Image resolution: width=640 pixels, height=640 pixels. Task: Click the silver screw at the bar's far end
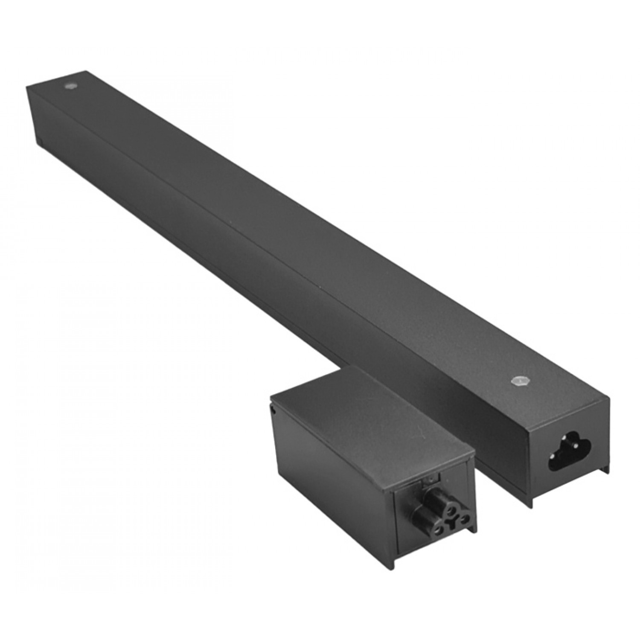pyautogui.click(x=68, y=86)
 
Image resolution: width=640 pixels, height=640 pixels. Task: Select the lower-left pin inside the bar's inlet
pyautogui.click(x=553, y=457)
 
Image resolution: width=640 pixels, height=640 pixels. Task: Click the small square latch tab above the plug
pyautogui.click(x=431, y=480)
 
